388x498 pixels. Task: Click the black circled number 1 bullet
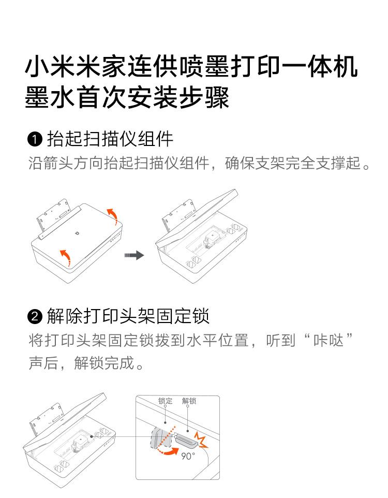tap(35, 140)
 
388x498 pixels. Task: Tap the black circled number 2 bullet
tap(35, 317)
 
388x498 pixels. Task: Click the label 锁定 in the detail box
tap(166, 401)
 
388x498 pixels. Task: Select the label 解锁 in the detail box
tap(189, 401)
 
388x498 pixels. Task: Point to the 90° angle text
tap(188, 456)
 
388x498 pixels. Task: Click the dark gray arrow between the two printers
tap(134, 255)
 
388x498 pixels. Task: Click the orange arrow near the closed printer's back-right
tap(112, 216)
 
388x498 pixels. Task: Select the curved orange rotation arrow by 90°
tap(168, 451)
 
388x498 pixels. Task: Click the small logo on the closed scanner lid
tap(79, 234)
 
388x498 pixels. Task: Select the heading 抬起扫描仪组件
tap(110, 139)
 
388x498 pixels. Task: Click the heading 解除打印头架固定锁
tap(128, 316)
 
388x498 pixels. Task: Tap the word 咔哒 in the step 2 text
tap(329, 341)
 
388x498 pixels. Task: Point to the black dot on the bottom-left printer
tap(92, 436)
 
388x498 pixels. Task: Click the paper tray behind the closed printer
tap(53, 217)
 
